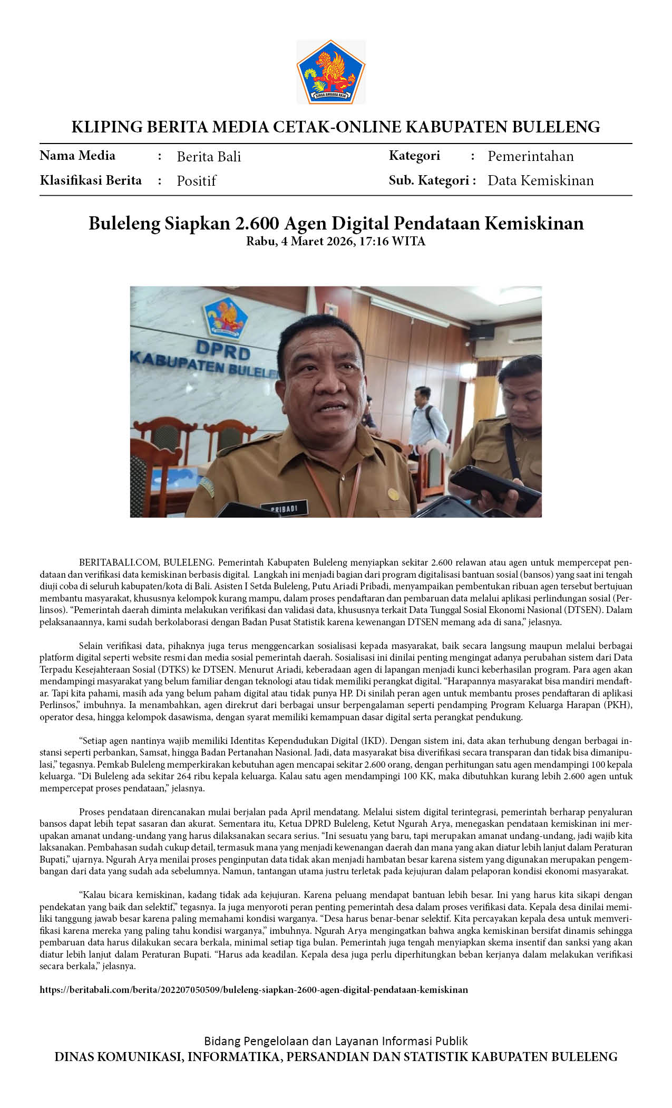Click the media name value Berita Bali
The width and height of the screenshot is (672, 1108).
click(x=209, y=157)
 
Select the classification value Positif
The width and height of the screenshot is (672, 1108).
click(x=196, y=181)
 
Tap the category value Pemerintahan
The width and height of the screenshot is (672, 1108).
click(x=530, y=156)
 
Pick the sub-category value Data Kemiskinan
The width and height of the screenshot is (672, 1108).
click(x=540, y=180)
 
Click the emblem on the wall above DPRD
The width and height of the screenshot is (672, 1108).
click(x=225, y=317)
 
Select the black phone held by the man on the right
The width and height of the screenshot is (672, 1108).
click(x=494, y=486)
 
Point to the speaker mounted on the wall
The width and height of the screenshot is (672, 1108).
click(x=482, y=330)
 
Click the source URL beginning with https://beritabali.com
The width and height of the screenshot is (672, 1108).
click(x=254, y=989)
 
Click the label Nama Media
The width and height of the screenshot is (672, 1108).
click(x=77, y=156)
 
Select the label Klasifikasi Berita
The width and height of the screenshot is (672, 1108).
click(x=91, y=180)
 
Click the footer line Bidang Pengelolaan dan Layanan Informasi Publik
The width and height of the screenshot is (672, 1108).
click(x=336, y=1041)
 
